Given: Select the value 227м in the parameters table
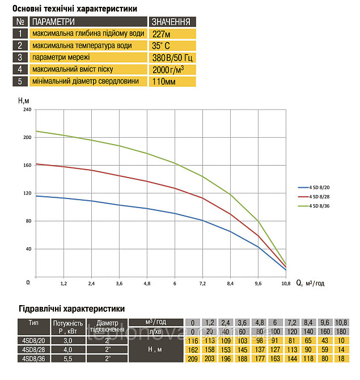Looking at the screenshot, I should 161,33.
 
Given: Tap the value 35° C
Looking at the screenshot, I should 162,45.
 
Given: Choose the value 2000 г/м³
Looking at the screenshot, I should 168,69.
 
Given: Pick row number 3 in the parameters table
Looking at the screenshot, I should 19,57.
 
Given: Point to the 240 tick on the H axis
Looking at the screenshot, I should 27,109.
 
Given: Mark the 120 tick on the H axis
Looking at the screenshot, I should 27,193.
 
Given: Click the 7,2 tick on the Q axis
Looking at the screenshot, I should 202,282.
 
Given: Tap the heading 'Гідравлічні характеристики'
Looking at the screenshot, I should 68,309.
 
